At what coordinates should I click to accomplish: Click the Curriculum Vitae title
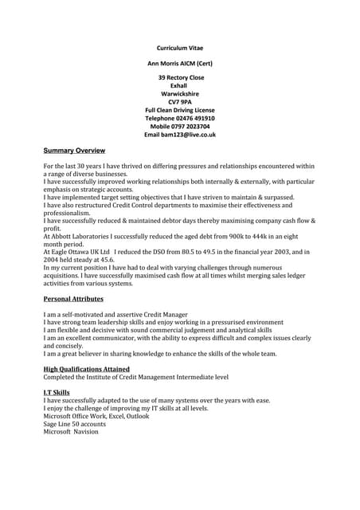pos(179,48)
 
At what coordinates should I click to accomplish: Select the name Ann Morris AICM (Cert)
pos(180,63)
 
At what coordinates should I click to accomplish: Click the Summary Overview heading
pos(74,151)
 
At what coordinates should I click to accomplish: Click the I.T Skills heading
pos(57,392)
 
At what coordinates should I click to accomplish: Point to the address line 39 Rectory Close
pos(180,77)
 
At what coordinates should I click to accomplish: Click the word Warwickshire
pos(180,93)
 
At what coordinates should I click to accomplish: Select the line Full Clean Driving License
pos(180,109)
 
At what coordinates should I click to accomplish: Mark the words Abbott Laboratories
pos(84,237)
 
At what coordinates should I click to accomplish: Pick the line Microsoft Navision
pos(71,432)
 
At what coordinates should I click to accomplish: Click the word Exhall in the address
pos(180,85)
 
